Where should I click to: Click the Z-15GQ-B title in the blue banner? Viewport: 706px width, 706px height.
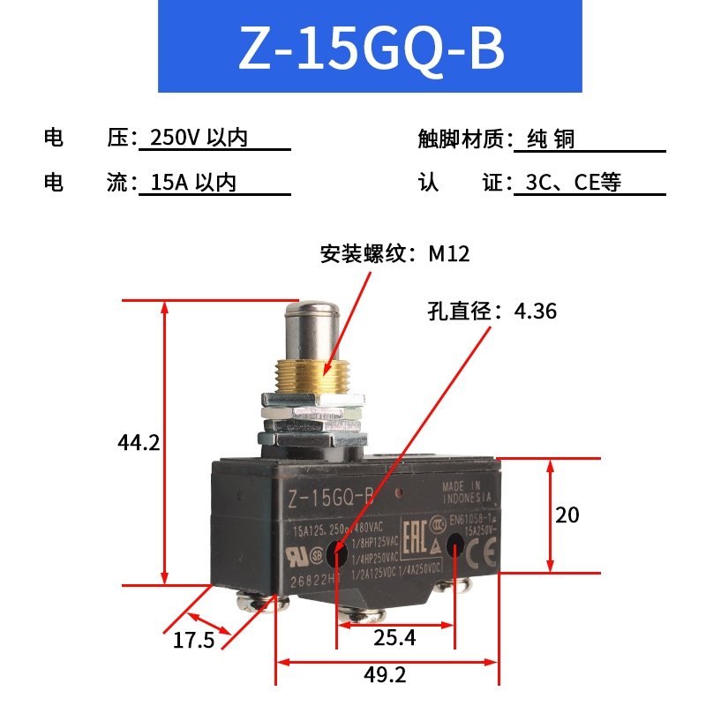(371, 50)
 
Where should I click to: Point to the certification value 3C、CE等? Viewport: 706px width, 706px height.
(574, 183)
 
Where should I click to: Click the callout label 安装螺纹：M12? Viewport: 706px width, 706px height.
(394, 254)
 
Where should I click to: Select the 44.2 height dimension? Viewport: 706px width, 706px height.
(139, 442)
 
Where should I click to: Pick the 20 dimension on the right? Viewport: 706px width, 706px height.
(567, 514)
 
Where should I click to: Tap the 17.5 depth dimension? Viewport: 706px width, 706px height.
(193, 640)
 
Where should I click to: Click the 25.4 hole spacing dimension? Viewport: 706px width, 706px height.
(395, 636)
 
